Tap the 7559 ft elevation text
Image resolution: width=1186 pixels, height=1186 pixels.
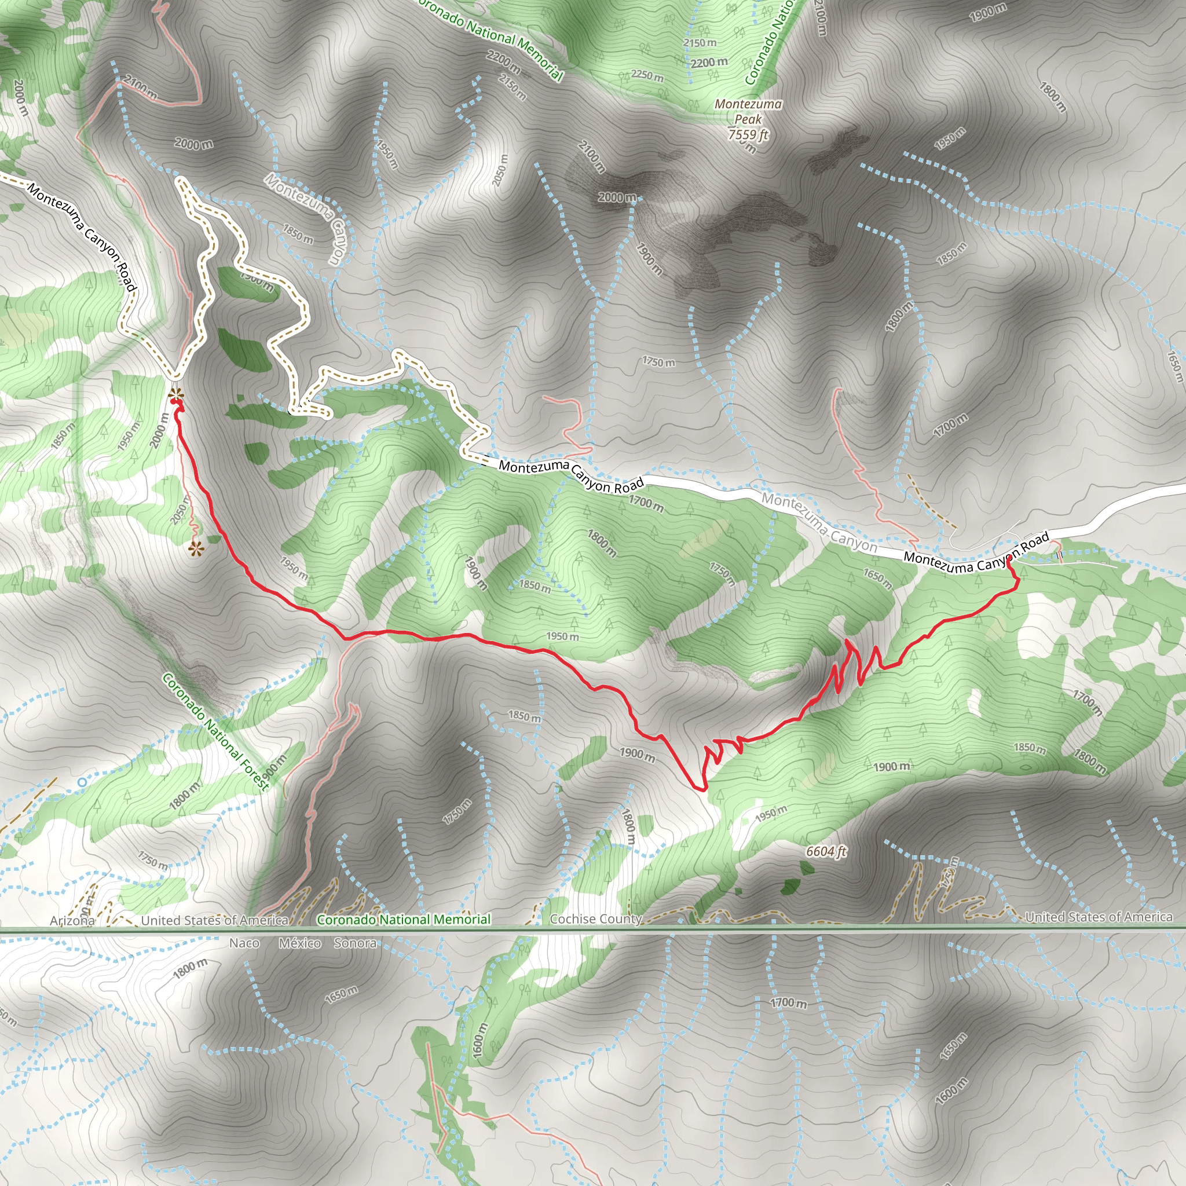pyautogui.click(x=748, y=134)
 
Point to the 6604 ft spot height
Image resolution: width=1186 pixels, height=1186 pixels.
pyautogui.click(x=826, y=851)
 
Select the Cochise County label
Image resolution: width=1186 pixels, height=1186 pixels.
pyautogui.click(x=595, y=919)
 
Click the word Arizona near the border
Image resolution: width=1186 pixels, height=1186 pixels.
pyautogui.click(x=72, y=921)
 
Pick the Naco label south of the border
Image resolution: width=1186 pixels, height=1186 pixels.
pyautogui.click(x=244, y=943)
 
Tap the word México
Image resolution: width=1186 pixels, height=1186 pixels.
pyautogui.click(x=299, y=943)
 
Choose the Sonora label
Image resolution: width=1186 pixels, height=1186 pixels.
pyautogui.click(x=355, y=943)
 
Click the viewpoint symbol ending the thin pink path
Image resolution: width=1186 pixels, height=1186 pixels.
pyautogui.click(x=195, y=549)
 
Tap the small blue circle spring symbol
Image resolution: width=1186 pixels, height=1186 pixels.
pyautogui.click(x=82, y=782)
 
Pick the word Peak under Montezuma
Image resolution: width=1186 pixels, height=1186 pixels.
pyautogui.click(x=748, y=119)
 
